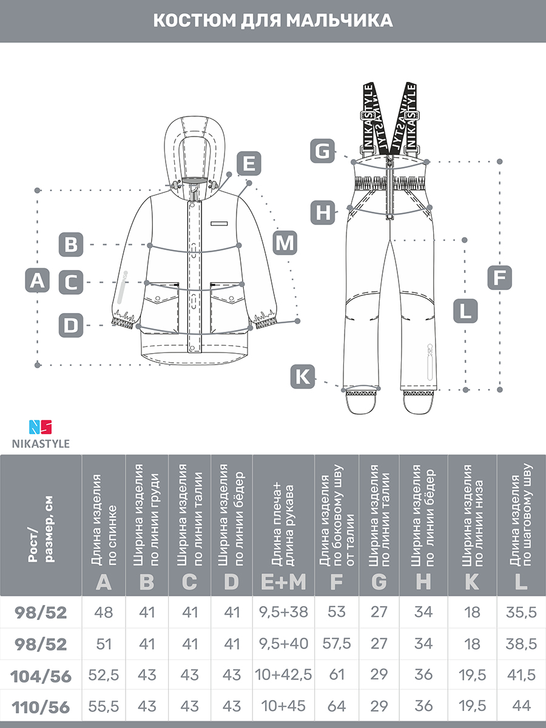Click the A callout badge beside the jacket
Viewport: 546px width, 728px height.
(37, 280)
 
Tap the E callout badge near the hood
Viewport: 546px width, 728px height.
(249, 164)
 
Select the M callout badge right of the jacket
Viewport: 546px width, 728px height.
(285, 243)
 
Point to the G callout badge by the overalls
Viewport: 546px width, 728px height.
(322, 151)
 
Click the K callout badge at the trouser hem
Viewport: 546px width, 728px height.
(302, 377)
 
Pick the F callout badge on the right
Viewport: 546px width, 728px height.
(499, 277)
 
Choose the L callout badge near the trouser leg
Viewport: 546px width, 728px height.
(465, 311)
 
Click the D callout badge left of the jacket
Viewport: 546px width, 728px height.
(71, 325)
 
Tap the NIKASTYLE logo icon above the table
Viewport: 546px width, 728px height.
(41, 427)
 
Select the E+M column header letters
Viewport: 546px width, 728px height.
(283, 582)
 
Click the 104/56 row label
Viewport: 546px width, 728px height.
(41, 676)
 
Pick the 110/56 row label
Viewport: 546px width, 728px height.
(41, 708)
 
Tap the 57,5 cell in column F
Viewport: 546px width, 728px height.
(337, 644)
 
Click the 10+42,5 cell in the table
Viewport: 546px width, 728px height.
(283, 675)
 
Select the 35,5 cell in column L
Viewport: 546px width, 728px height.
(521, 613)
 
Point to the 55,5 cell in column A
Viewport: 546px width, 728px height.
(103, 706)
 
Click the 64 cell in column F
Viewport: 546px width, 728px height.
(337, 706)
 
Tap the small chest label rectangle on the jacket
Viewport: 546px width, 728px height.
(219, 223)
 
